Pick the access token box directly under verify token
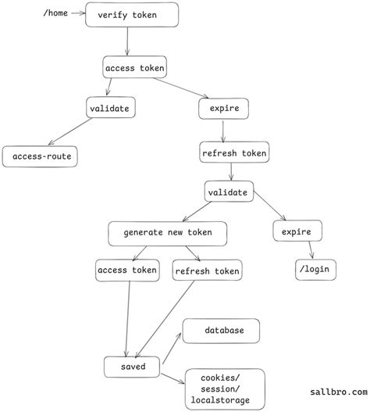[x=134, y=68]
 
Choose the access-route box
[x=41, y=156]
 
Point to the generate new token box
[x=168, y=232]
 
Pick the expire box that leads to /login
[x=297, y=231]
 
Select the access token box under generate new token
[x=127, y=270]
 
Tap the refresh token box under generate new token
[x=207, y=271]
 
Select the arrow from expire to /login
[x=309, y=250]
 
